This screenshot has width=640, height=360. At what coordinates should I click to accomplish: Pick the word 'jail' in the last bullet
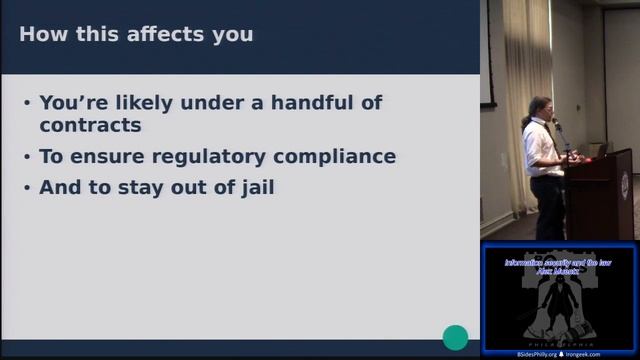click(x=252, y=187)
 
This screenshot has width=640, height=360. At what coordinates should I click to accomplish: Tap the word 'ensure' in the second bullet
click(x=111, y=157)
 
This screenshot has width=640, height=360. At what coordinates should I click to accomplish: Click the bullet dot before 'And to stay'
click(x=25, y=187)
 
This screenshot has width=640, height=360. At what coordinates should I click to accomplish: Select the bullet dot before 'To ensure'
click(x=25, y=157)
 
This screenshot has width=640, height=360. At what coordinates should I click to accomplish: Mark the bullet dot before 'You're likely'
click(x=25, y=102)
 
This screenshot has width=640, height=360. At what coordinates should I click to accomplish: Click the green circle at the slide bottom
click(x=455, y=338)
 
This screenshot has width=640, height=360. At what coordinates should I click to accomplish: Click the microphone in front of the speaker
click(x=558, y=127)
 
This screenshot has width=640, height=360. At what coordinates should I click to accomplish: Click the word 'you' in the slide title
click(x=235, y=35)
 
